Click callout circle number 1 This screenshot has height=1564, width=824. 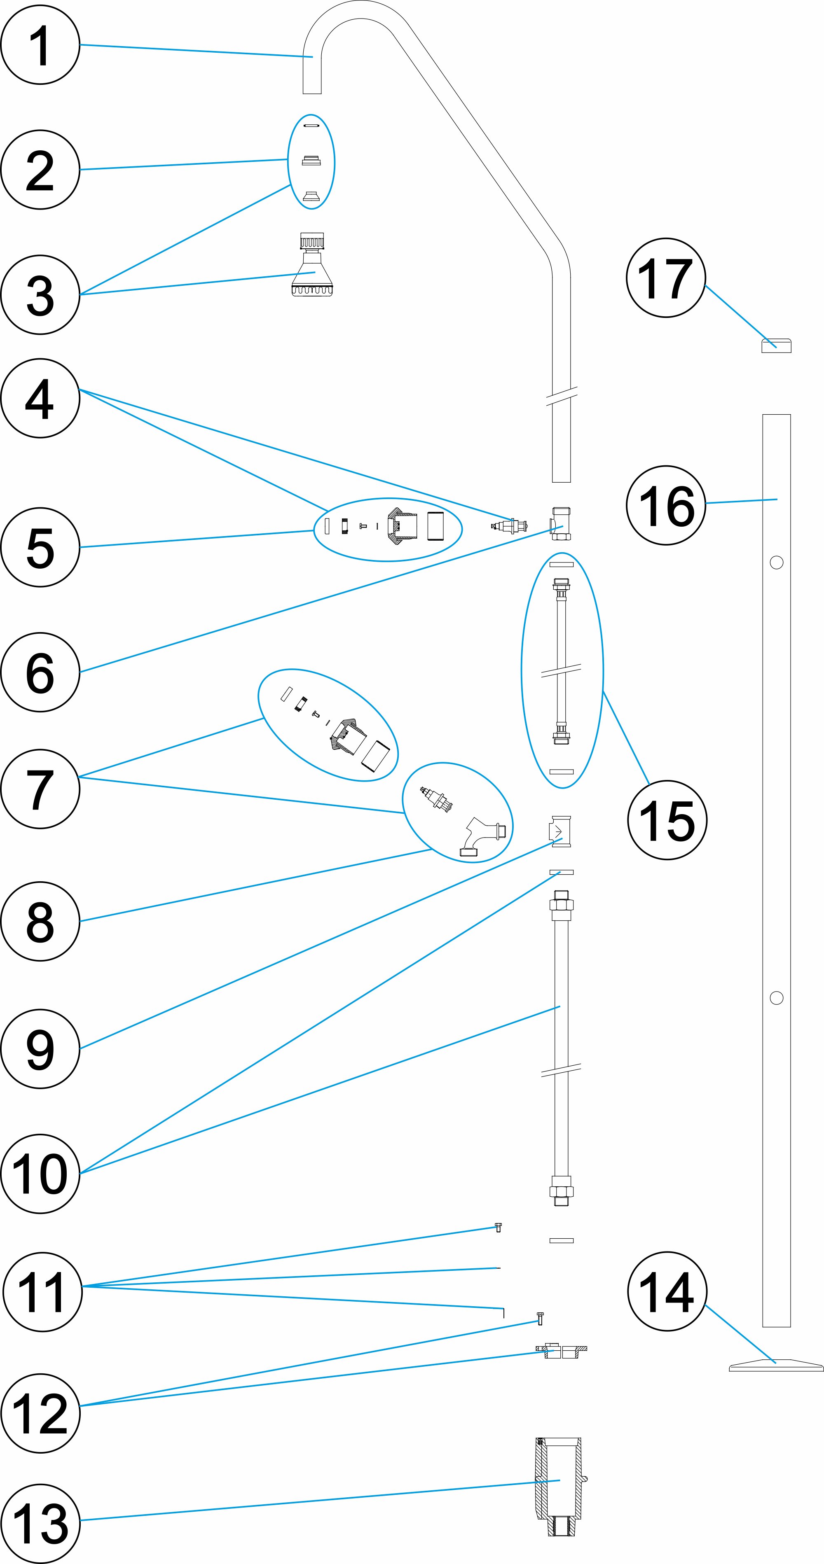tap(40, 45)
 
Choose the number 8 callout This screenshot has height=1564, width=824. tap(40, 921)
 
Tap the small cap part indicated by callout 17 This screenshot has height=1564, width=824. tap(776, 345)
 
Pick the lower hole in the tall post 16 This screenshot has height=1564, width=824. tap(776, 997)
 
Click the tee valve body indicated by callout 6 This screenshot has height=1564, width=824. tap(560, 523)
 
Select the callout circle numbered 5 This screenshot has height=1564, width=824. tap(40, 547)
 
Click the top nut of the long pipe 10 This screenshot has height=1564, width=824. tap(561, 903)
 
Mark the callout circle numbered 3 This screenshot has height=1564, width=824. tap(40, 294)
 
